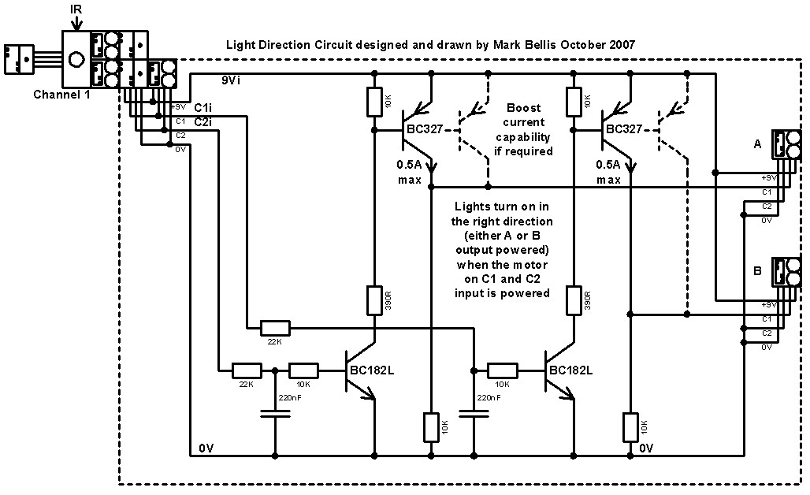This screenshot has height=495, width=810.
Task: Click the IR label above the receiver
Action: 76,9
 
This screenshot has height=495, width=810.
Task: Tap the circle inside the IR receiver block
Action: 76,59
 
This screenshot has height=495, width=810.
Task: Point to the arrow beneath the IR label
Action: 76,22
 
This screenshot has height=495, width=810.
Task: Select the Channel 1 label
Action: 61,95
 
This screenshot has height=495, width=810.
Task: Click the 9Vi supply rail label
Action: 231,80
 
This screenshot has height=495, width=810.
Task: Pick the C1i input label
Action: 202,107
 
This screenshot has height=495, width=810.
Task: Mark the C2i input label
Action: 202,122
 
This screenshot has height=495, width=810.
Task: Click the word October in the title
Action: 582,45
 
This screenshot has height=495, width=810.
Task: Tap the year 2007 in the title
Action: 622,45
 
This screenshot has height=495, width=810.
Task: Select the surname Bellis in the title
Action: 540,45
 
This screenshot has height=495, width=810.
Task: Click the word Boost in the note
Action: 523,108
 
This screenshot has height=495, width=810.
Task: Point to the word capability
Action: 522,137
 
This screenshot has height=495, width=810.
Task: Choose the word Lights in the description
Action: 470,207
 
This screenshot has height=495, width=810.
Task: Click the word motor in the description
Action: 530,265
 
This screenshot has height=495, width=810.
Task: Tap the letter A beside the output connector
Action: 757,144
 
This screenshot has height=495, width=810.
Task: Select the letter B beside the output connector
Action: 757,270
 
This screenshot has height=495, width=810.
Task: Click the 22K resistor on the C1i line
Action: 275,328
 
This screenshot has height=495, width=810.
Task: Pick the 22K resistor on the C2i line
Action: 247,370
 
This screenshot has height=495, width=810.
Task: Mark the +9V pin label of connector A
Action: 769,178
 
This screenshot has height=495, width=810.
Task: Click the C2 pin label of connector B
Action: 767,333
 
